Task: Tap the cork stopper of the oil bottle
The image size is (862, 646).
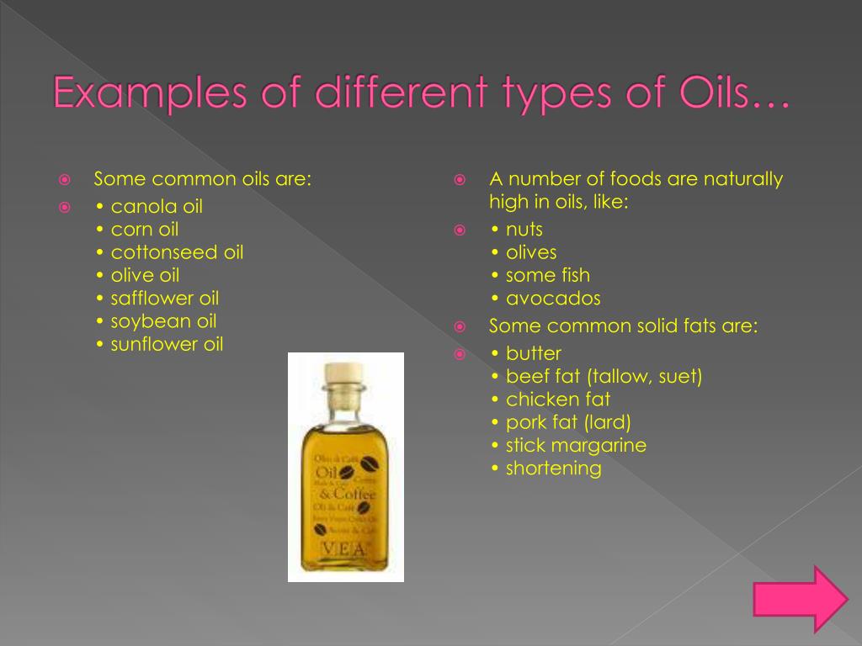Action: [345, 373]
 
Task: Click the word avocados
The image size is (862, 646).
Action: [553, 299]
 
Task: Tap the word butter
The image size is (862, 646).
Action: [534, 353]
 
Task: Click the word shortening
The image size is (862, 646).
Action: [553, 469]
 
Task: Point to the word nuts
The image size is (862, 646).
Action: [524, 230]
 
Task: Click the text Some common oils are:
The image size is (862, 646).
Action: [203, 179]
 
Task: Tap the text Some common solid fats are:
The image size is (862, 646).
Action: [624, 326]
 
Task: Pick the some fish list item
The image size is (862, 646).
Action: [548, 276]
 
